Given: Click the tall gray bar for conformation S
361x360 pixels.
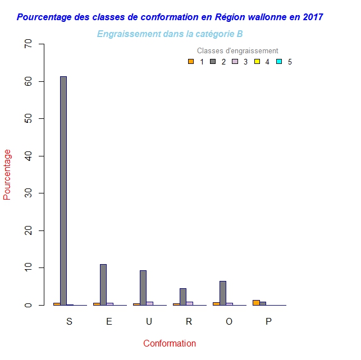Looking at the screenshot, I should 63,191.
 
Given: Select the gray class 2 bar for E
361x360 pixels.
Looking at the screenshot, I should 103,284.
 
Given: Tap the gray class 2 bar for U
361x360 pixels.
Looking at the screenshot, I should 143,288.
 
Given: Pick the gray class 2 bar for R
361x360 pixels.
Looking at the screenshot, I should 183,297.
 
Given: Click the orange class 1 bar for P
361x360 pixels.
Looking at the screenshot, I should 256,303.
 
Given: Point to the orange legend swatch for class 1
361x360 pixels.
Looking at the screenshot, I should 191,62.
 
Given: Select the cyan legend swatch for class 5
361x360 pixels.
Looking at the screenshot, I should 279,62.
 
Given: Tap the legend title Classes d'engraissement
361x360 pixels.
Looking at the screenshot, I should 237,51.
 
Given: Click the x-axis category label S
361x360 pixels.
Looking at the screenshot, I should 69,322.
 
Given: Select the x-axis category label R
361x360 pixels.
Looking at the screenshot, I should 189,322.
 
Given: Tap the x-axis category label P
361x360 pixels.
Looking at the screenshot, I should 268,322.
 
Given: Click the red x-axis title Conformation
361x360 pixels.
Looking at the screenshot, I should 170,344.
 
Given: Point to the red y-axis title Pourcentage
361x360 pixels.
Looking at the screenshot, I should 7,174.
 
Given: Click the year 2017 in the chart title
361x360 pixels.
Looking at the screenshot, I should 312,17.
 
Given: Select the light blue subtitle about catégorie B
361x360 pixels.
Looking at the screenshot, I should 170,34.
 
